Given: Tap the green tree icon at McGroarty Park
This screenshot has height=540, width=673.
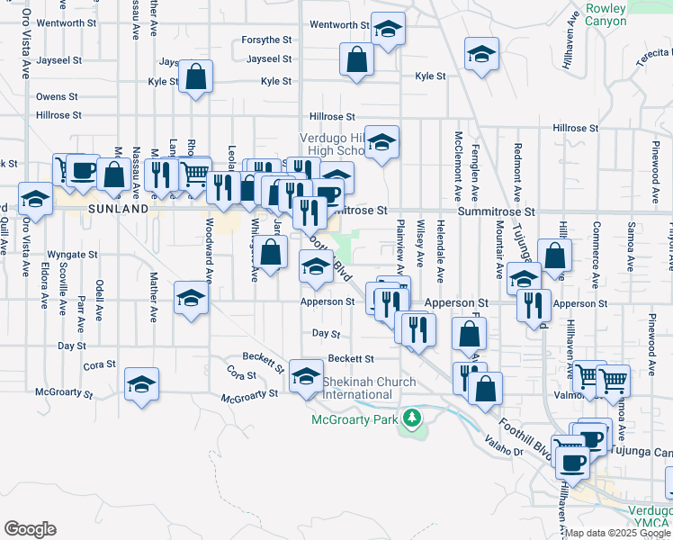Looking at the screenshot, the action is pyautogui.click(x=412, y=418).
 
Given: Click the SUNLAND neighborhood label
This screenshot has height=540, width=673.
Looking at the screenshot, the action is pyautogui.click(x=118, y=208).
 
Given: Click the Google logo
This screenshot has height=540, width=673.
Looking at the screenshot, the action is pyautogui.click(x=30, y=529).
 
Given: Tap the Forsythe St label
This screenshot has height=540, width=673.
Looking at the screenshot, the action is pyautogui.click(x=267, y=40).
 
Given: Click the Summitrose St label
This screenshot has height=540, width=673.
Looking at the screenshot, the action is pyautogui.click(x=496, y=211).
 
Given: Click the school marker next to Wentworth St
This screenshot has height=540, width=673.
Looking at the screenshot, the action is pyautogui.click(x=389, y=32).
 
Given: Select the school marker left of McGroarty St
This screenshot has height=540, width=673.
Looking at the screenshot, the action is pyautogui.click(x=142, y=384).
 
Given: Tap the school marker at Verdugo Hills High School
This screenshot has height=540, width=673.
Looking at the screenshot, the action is pyautogui.click(x=381, y=141).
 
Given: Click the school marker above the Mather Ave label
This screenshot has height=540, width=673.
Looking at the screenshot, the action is pyautogui.click(x=191, y=300).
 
